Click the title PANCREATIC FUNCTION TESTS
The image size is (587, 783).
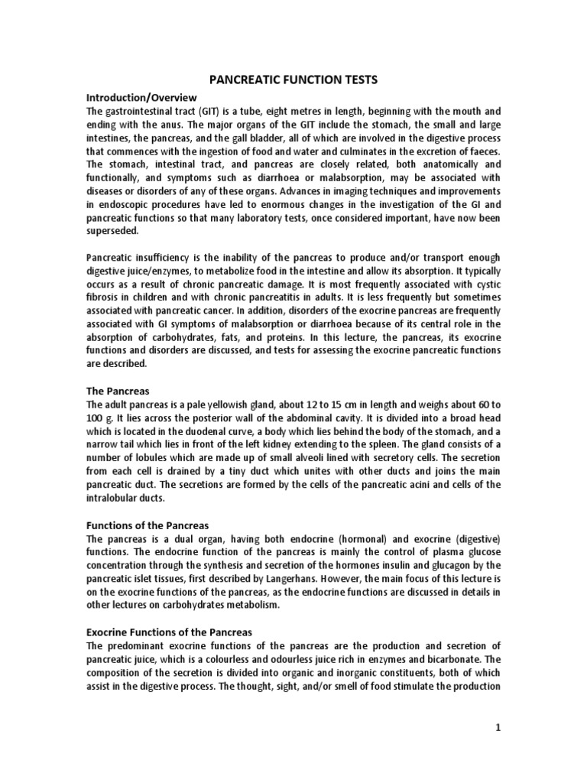point(293,79)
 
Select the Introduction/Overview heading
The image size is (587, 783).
point(141,97)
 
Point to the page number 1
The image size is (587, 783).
point(497,728)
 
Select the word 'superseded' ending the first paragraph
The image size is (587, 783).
point(113,230)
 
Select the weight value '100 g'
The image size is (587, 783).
point(102,417)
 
